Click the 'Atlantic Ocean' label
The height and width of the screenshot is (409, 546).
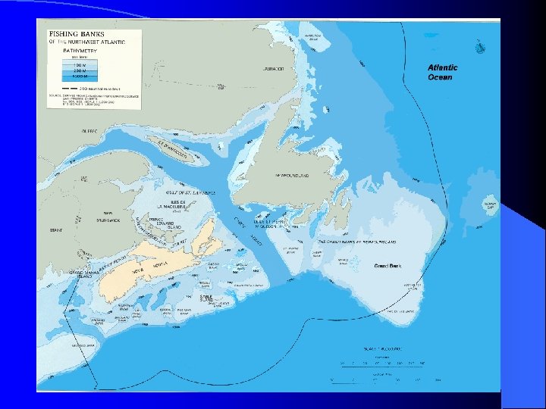[442, 73]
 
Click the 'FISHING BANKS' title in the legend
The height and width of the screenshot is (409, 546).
[72, 35]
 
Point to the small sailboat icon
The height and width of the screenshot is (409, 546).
[479, 48]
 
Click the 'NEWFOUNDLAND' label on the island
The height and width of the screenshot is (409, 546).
[292, 175]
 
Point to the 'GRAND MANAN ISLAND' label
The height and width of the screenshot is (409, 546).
[81, 273]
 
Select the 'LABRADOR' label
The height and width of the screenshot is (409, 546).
[274, 69]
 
